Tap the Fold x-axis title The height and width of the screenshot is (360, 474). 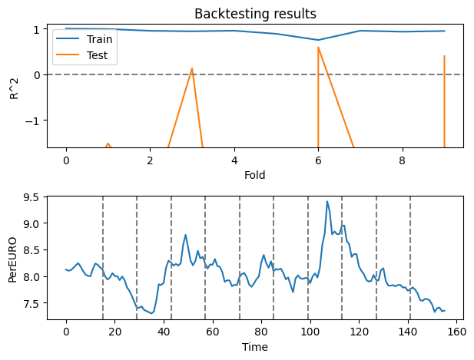[254, 176]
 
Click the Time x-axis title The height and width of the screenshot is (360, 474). [254, 348]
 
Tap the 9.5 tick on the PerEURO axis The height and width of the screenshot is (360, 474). [32, 197]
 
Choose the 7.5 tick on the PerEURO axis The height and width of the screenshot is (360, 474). [32, 303]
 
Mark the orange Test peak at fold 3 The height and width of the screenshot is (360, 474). [192, 68]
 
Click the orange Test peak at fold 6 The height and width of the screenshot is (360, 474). [318, 48]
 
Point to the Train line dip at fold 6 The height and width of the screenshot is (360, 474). [318, 40]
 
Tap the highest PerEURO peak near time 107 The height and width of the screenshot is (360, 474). [327, 202]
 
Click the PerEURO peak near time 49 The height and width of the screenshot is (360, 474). [186, 235]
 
